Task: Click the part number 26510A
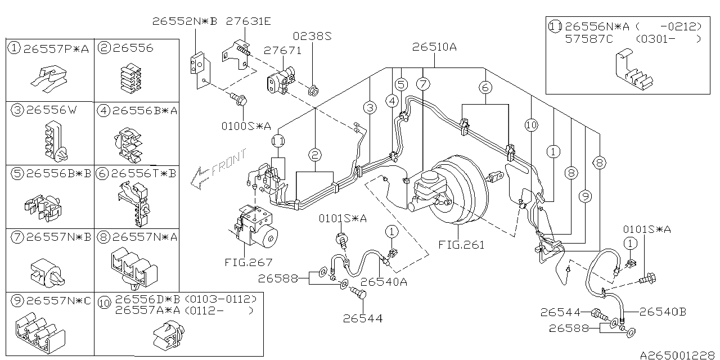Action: tap(434, 47)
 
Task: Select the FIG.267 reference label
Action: tap(249, 262)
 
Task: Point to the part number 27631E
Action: tap(248, 21)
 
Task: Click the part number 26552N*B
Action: tap(185, 21)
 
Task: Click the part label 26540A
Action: tap(384, 282)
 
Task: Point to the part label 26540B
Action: tap(662, 312)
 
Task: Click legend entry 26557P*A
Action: tap(56, 48)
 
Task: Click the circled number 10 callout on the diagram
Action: tap(532, 125)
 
